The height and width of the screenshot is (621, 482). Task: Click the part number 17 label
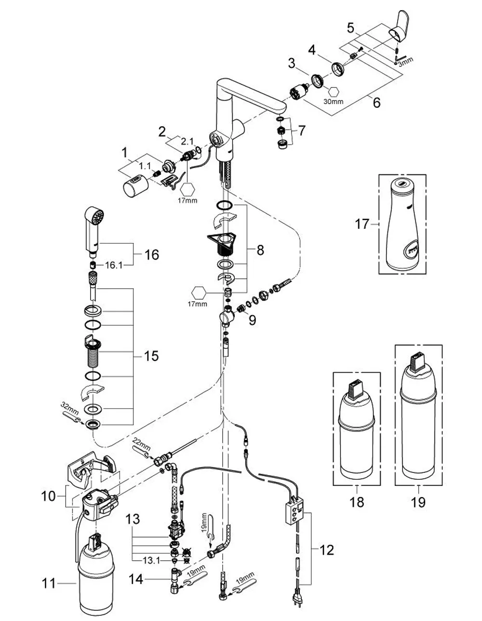pyautogui.click(x=362, y=224)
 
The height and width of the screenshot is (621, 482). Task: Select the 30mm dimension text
pyautogui.click(x=334, y=101)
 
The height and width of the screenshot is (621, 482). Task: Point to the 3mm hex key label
pyautogui.click(x=405, y=62)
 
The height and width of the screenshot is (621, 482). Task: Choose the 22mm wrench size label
pyautogui.click(x=142, y=444)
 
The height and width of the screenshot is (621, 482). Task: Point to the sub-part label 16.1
pyautogui.click(x=114, y=265)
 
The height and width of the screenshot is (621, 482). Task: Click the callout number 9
pyautogui.click(x=252, y=320)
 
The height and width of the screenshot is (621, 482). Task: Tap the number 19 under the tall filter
pyautogui.click(x=418, y=502)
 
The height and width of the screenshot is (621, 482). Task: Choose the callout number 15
pyautogui.click(x=151, y=356)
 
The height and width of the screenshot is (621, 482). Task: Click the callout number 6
pyautogui.click(x=377, y=102)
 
